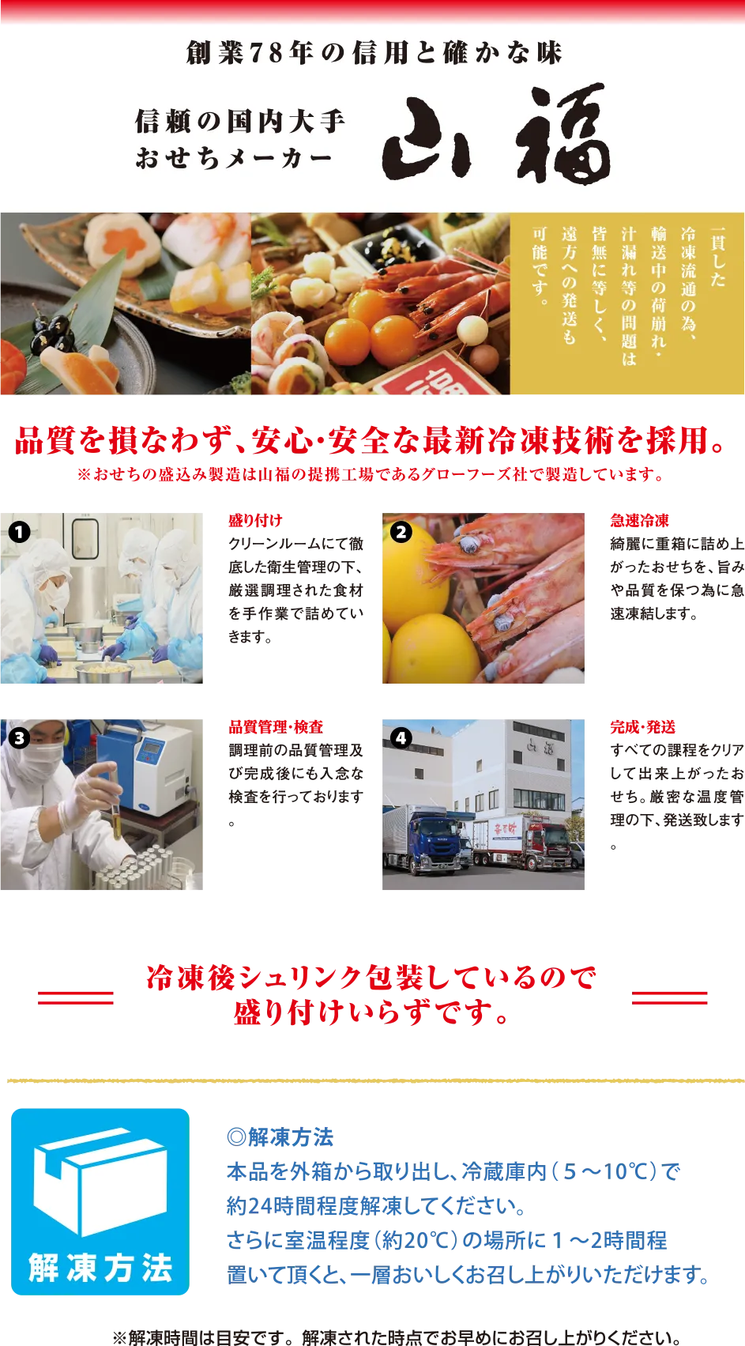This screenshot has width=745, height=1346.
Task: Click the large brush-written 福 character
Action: [564, 134]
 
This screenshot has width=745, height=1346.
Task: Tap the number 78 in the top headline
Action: [265, 53]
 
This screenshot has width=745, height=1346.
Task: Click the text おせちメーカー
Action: [233, 158]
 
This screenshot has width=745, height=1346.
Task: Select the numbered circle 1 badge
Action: [19, 532]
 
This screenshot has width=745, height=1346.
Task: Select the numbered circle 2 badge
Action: [401, 532]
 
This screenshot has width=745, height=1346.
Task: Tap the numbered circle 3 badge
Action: [19, 738]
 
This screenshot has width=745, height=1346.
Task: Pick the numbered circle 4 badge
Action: [401, 738]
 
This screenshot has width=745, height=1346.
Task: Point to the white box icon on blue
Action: [100, 1178]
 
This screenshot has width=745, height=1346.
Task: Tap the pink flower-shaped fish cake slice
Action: [119, 238]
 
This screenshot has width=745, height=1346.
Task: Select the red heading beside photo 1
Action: [255, 521]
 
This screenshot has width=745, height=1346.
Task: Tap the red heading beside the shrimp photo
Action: [638, 521]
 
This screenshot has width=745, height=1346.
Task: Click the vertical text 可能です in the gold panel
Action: [540, 266]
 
